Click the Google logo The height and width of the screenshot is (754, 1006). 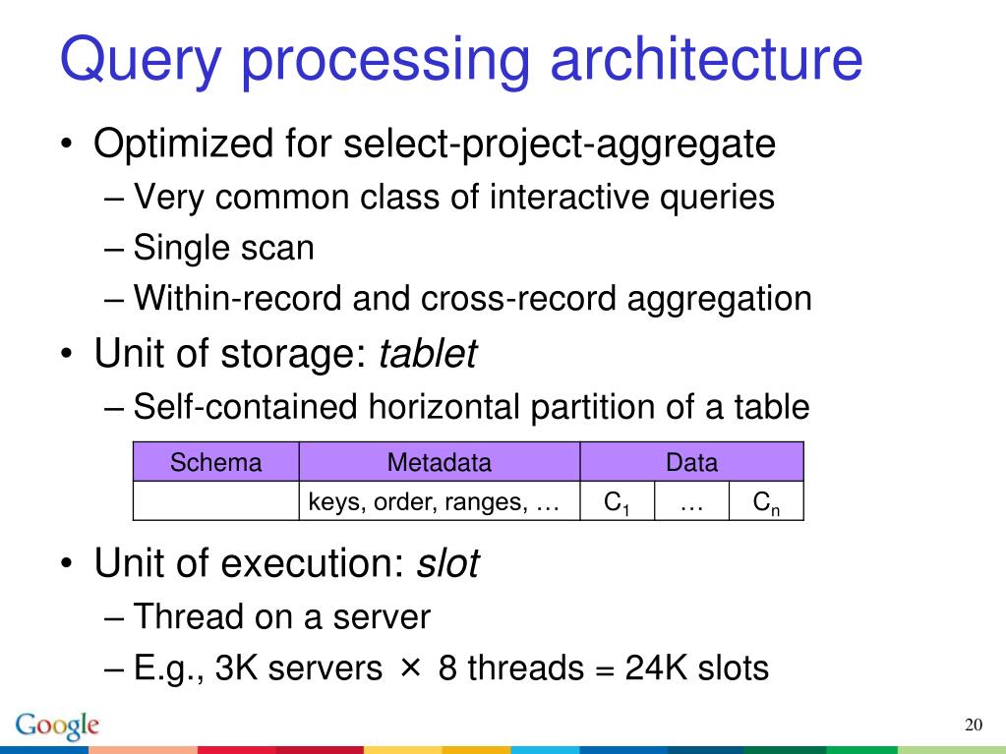(58, 725)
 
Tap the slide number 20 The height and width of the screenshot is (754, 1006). (974, 725)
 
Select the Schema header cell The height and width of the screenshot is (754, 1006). (216, 462)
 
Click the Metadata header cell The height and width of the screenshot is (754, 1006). (439, 462)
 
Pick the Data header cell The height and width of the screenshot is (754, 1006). (691, 462)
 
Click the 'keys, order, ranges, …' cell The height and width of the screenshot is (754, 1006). (434, 502)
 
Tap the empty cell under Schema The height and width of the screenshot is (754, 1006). (216, 501)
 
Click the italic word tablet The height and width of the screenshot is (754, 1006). (427, 353)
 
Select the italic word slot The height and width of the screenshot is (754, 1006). (448, 564)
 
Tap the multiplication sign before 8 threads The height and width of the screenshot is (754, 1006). (410, 668)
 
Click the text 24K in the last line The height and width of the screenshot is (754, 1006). (657, 668)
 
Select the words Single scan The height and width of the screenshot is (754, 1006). (224, 248)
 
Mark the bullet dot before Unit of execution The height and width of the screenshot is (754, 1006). (66, 565)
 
